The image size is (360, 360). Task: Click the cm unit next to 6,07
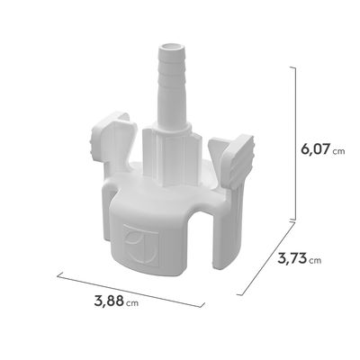(338, 151)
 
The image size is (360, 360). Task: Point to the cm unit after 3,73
(314, 261)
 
